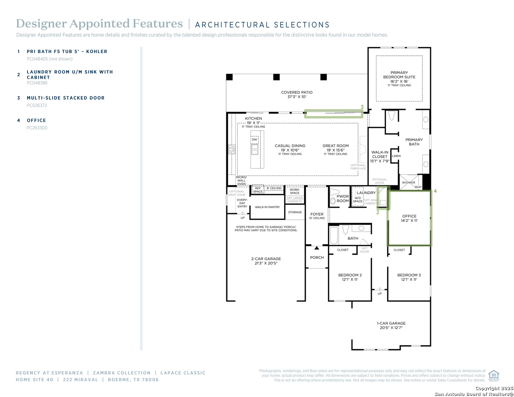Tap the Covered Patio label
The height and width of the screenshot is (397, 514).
point(296,94)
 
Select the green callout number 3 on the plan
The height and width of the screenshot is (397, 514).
point(362,107)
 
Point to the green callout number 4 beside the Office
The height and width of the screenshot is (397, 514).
point(435,191)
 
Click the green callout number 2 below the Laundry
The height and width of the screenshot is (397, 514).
point(378,212)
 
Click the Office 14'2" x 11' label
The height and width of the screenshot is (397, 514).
point(409,218)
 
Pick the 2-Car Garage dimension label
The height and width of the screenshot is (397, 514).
point(266,261)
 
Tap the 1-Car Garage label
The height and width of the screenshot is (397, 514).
point(391,325)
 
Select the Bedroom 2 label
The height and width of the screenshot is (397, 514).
point(350,277)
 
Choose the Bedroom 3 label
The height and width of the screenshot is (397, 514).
point(409,277)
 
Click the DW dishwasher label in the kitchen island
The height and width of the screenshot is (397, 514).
point(254,140)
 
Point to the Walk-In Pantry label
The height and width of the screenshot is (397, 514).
point(267,207)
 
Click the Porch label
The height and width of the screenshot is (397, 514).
point(317,258)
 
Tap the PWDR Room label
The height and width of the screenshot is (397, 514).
point(343,198)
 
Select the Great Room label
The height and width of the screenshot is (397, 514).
point(335,148)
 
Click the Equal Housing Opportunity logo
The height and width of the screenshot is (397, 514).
point(493,375)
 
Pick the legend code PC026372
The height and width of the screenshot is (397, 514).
point(37,105)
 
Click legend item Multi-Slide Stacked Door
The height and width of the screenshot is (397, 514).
point(65,98)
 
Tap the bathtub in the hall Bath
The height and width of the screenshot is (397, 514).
point(334,236)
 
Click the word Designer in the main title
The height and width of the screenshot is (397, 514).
point(41,24)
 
